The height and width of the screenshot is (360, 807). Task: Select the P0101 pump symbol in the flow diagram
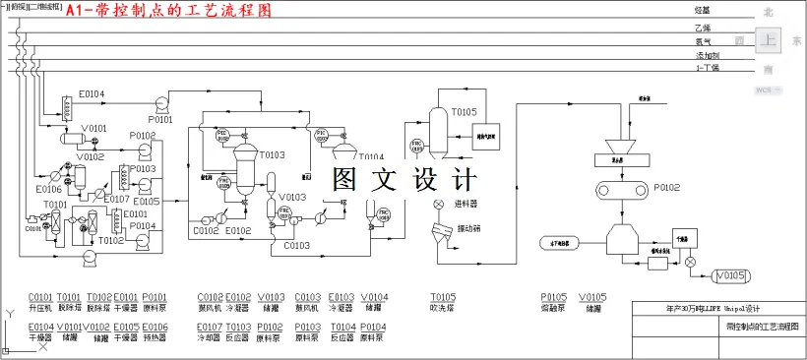[160, 101]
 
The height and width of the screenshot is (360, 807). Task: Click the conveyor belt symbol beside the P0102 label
[621, 189]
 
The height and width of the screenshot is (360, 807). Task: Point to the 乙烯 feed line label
[702, 29]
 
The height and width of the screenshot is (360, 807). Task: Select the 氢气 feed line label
[703, 41]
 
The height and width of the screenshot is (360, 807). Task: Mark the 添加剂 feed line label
[706, 55]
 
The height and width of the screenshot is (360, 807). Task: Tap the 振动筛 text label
[469, 229]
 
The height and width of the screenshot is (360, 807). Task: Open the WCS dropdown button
[768, 90]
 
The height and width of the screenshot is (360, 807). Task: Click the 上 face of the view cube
[769, 40]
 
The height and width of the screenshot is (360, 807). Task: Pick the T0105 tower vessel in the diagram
[441, 134]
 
